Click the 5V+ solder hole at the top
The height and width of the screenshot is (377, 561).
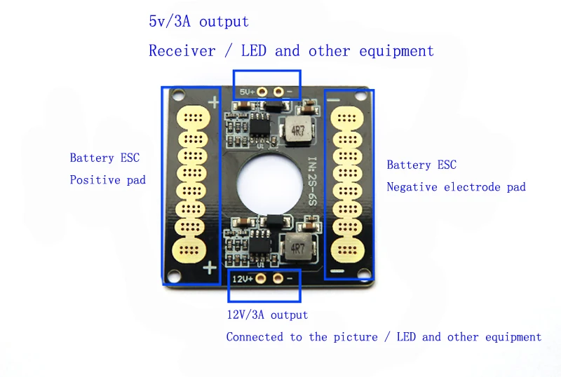[x=262, y=92]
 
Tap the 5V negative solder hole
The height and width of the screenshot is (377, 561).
[x=278, y=92]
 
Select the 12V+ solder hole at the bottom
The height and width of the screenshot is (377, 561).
[x=261, y=278]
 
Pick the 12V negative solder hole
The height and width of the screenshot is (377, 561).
[x=278, y=278]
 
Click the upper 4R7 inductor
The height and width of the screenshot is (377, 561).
[x=297, y=130]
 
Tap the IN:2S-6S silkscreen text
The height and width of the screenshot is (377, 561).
[x=312, y=181]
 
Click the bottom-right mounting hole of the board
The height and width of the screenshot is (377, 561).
[x=363, y=273]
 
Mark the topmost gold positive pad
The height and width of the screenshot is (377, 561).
[x=194, y=118]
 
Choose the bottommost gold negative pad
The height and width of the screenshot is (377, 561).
[x=347, y=250]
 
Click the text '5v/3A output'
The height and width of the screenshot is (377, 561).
[x=199, y=22]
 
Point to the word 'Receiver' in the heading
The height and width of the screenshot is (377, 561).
[x=182, y=50]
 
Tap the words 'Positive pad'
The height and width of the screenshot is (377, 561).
[x=108, y=179]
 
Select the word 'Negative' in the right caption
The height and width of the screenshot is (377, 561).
[x=412, y=186]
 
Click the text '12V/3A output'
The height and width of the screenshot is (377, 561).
[x=267, y=315]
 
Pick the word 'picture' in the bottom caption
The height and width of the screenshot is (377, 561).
[x=356, y=337]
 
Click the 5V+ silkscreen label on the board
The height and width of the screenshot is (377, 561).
[x=247, y=92]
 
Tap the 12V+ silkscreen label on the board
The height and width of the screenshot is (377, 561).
[x=243, y=279]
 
